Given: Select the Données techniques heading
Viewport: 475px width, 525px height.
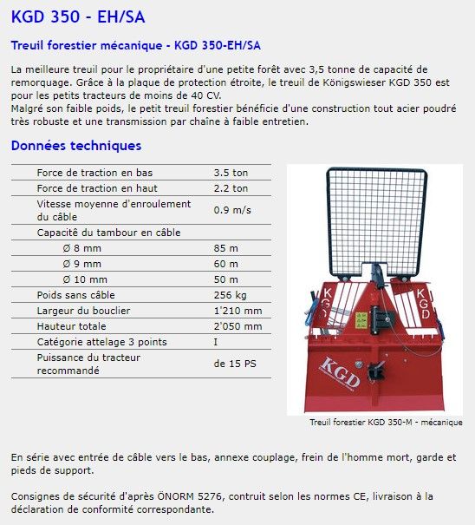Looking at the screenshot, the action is [x=76, y=146].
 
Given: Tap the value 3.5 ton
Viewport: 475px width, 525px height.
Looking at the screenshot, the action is [x=231, y=173].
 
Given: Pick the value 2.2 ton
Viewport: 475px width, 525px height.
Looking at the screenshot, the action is [x=231, y=188].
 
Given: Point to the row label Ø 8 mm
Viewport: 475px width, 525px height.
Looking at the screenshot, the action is [x=82, y=248].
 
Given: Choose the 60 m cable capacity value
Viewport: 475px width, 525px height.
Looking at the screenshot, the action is [x=225, y=264].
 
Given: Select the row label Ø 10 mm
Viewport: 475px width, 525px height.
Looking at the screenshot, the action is [x=85, y=279].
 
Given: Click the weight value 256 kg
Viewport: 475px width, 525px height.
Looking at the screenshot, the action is [x=230, y=295].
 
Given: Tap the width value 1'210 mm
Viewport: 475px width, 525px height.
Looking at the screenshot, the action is [x=237, y=311].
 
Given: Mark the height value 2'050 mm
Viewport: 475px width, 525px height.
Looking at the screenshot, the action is [x=237, y=326].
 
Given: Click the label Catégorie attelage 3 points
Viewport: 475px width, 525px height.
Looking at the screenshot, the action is [x=102, y=342].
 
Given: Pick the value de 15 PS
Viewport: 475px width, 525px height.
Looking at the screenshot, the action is [x=235, y=364].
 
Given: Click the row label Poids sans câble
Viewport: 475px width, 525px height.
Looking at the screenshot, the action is [x=76, y=295].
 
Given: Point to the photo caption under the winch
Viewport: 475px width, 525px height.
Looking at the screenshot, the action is [x=386, y=423].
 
